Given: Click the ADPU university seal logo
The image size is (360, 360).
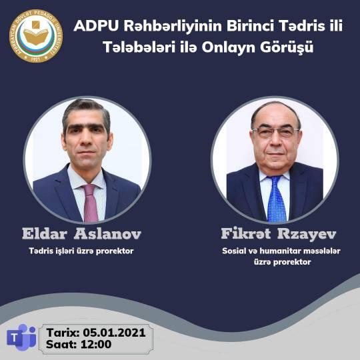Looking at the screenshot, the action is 36,36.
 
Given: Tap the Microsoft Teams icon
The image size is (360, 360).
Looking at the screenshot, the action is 21,337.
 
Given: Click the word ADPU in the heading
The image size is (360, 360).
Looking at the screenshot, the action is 96,26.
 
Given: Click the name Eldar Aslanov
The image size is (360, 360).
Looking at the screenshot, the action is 81,234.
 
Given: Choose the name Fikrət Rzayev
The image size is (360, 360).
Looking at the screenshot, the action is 279,234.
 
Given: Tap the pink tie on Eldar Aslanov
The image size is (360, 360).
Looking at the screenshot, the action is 90,203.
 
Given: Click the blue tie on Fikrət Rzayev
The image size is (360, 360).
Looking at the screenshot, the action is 276,199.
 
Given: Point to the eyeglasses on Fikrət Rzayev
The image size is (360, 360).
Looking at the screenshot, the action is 275,133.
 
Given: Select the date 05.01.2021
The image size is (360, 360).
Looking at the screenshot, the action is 114,333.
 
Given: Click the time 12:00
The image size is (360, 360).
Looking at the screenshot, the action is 96,344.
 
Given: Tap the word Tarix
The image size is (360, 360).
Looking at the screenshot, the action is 63,333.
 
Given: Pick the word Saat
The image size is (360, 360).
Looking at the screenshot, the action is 61,344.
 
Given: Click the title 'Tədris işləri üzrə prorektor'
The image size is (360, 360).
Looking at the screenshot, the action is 81,251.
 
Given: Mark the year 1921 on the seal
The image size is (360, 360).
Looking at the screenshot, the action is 35,59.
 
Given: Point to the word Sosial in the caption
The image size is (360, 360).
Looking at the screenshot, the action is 231,251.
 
